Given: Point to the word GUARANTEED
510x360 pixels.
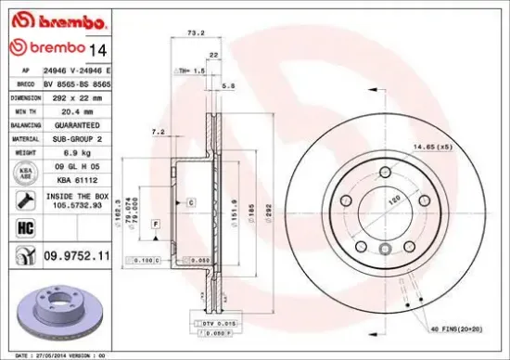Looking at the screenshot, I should click(x=70, y=122).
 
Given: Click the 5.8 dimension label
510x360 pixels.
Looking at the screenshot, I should click(x=231, y=85).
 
